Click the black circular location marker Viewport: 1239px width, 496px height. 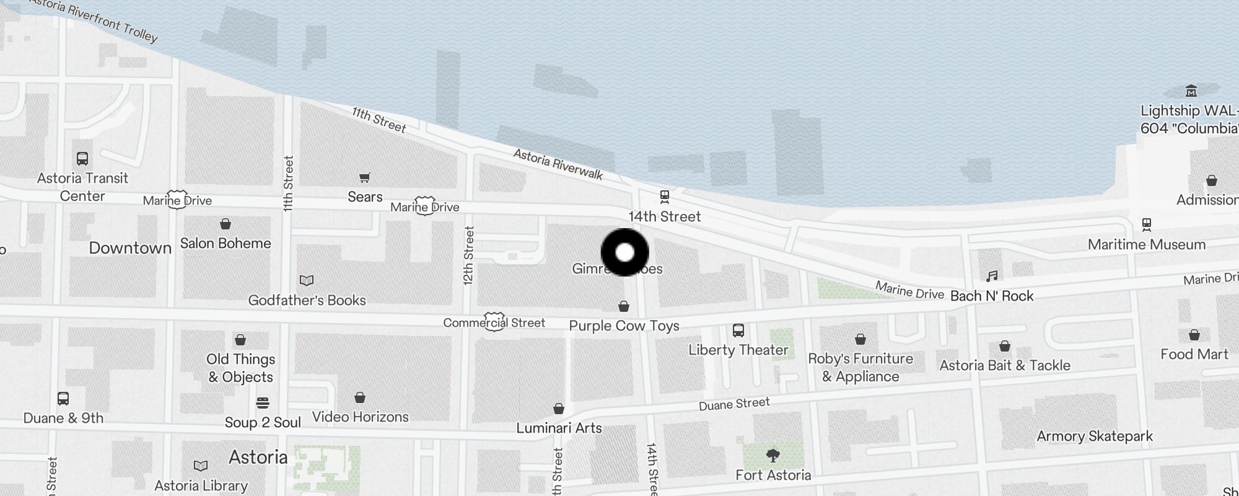click(625, 252)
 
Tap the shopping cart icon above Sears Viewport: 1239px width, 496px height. click(365, 178)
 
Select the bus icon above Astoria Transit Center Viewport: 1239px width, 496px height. click(82, 159)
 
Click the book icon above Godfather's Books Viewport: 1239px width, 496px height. click(307, 280)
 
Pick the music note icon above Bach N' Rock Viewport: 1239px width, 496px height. click(992, 276)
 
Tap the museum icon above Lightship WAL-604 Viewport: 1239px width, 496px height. click(1191, 91)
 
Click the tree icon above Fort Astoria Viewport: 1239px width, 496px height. click(773, 456)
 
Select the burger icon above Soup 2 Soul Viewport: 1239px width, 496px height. click(263, 403)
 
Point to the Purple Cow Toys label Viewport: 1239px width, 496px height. click(624, 326)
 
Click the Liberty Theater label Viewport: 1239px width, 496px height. click(738, 350)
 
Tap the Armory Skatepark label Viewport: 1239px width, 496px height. click(1095, 436)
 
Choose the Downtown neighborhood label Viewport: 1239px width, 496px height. click(130, 248)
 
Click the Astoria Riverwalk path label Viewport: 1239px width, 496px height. click(558, 164)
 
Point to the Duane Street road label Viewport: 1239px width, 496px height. click(734, 404)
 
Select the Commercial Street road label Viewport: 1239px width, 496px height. click(494, 323)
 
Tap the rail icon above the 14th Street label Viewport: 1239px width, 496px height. click(665, 197)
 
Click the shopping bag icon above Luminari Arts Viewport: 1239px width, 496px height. click(559, 409)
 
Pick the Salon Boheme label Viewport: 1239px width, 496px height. click(225, 244)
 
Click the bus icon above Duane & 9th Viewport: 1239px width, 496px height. click(63, 399)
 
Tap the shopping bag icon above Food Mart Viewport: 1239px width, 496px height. click(1194, 335)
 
